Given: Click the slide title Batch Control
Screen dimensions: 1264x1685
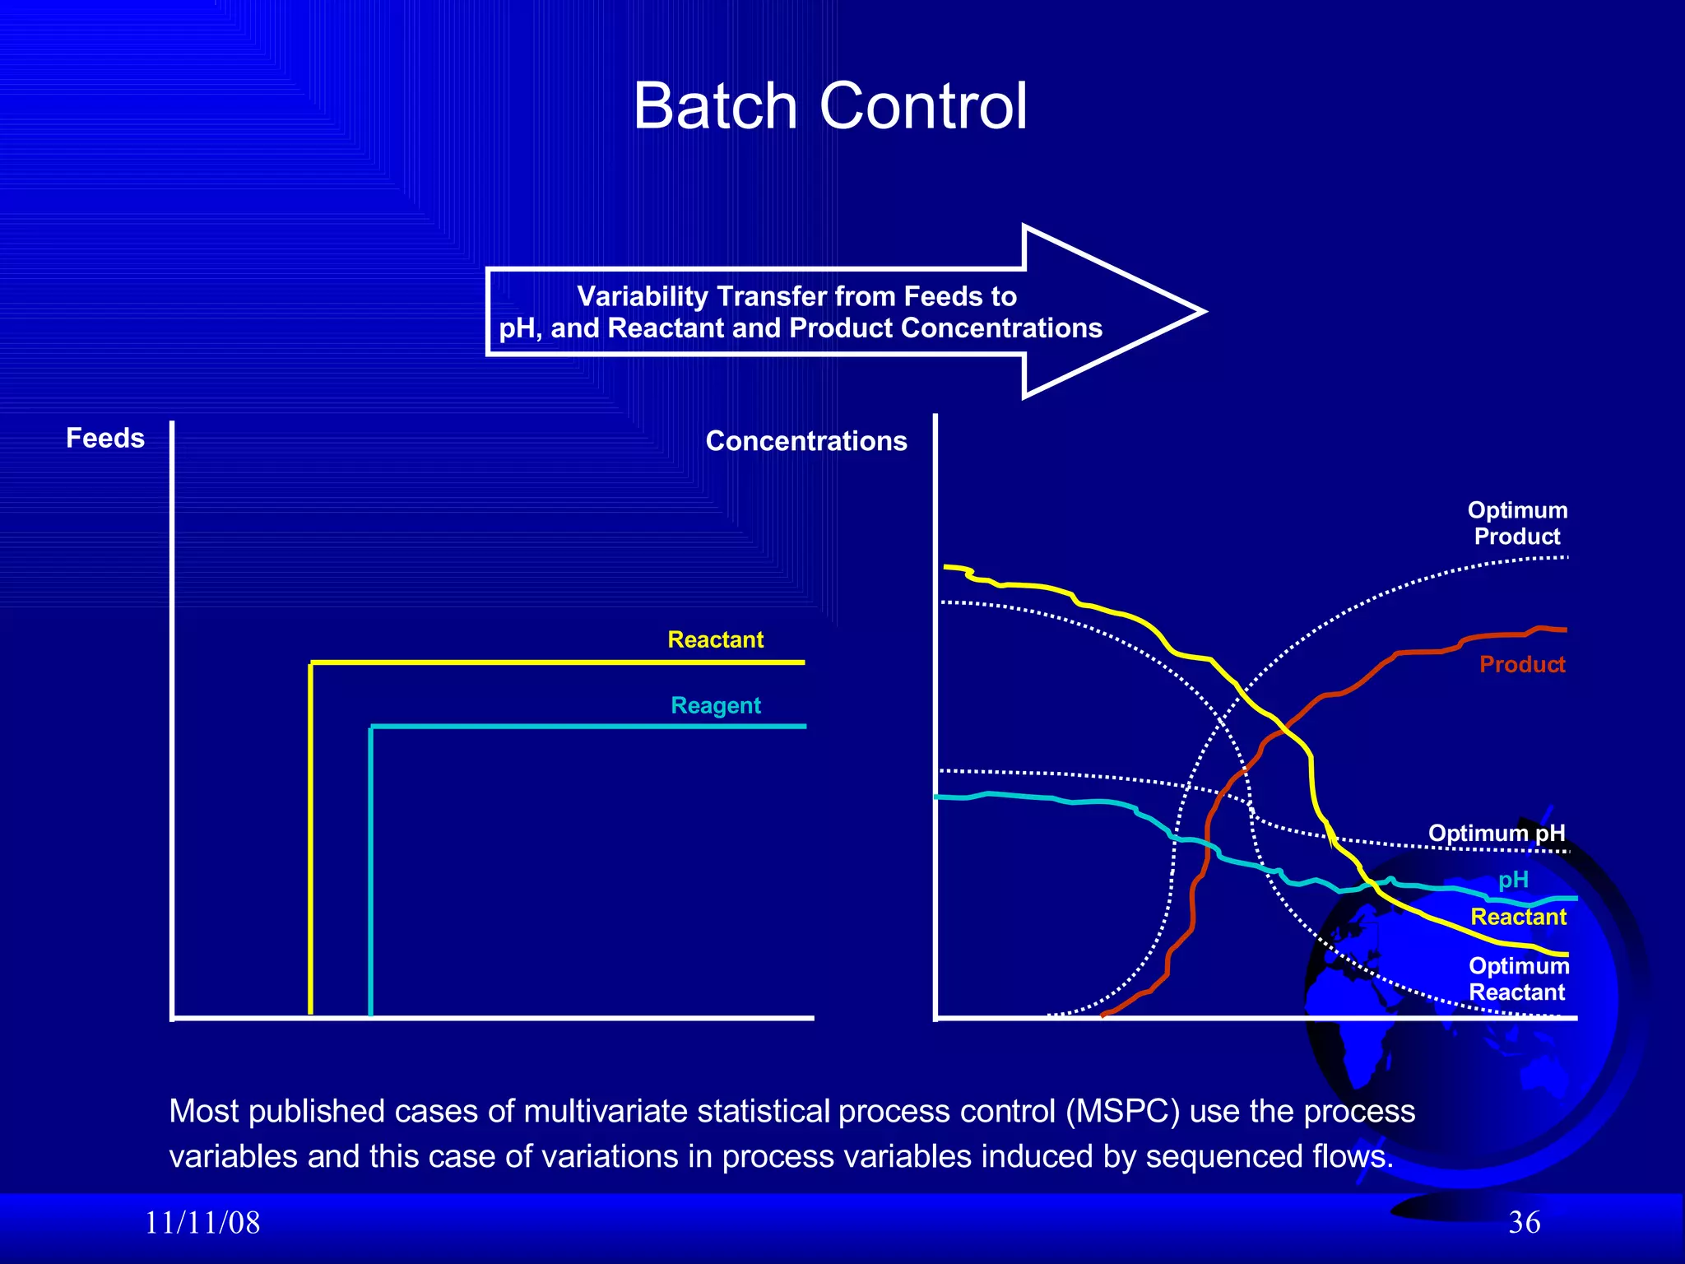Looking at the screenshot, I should click(829, 106).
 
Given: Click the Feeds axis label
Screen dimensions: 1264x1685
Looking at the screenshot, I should click(105, 438).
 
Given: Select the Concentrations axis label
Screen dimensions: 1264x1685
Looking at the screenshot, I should click(806, 441).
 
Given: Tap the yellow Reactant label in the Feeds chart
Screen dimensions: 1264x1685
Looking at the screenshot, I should click(715, 639).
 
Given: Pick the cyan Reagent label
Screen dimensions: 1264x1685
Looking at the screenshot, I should click(715, 705).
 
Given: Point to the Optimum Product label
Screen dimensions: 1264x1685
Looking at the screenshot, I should click(1517, 523).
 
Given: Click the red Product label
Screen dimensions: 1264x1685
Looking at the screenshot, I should click(1521, 664).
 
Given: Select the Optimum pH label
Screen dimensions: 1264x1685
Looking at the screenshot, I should click(1496, 833).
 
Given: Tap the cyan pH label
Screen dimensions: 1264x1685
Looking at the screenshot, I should click(1513, 880).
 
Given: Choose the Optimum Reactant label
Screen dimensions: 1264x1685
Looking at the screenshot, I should click(1518, 978).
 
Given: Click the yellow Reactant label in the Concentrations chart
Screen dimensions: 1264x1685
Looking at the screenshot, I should click(1518, 917).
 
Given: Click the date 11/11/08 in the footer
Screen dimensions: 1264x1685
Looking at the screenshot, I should click(202, 1223).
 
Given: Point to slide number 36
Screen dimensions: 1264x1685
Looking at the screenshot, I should click(1524, 1223).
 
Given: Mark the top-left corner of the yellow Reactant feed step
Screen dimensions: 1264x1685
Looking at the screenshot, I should click(311, 662).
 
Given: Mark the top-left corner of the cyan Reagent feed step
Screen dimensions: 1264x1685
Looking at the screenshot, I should click(371, 727).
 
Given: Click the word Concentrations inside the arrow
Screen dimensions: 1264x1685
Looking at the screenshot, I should click(1001, 328).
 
